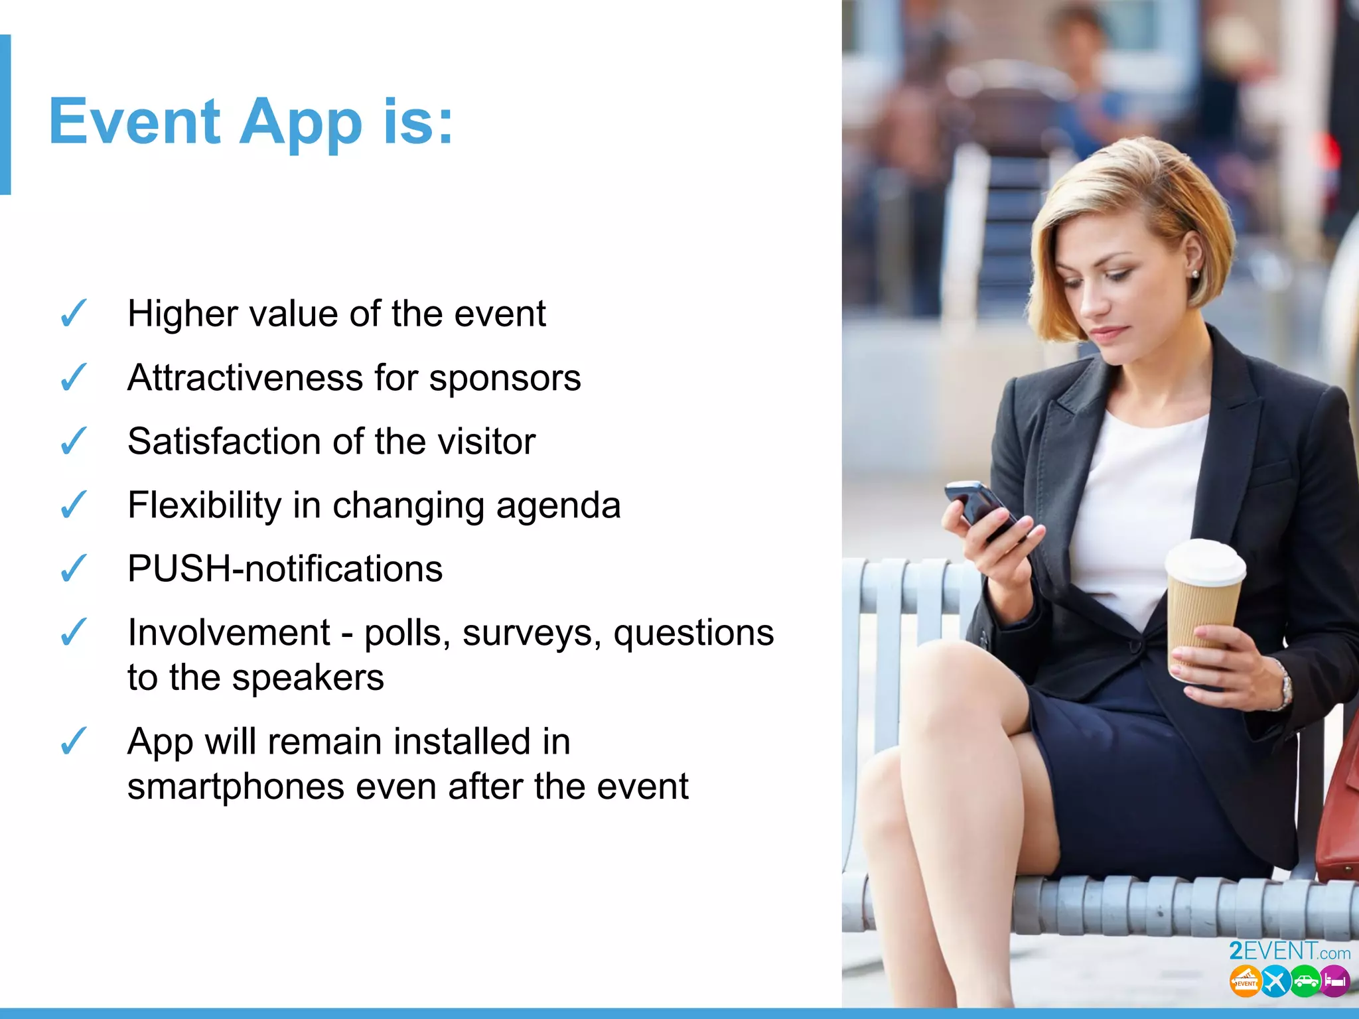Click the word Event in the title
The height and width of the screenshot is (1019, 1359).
[x=135, y=121]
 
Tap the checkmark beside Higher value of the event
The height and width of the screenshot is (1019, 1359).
[x=73, y=313]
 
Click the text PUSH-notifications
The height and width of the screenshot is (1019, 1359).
[x=285, y=569]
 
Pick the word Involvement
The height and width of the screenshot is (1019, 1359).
[x=228, y=632]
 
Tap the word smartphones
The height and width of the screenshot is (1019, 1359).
[x=236, y=787]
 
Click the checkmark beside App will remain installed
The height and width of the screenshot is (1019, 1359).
[x=73, y=741]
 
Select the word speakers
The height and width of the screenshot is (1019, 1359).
[x=308, y=678]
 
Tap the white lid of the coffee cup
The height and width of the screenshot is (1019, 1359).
[x=1205, y=561]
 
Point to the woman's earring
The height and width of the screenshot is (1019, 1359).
[x=1195, y=273]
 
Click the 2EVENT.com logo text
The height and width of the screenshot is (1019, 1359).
[x=1289, y=951]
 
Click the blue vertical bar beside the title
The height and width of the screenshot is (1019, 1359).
[x=5, y=114]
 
